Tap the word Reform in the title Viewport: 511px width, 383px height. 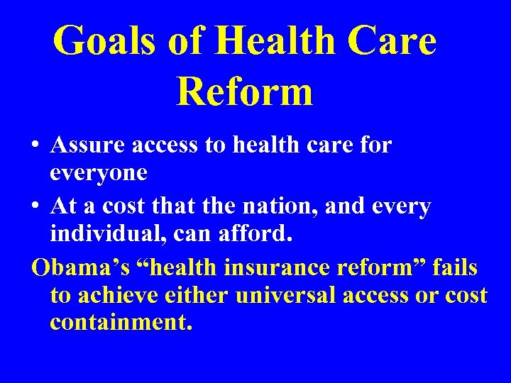[x=244, y=91]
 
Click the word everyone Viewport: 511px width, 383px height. [x=98, y=172]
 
